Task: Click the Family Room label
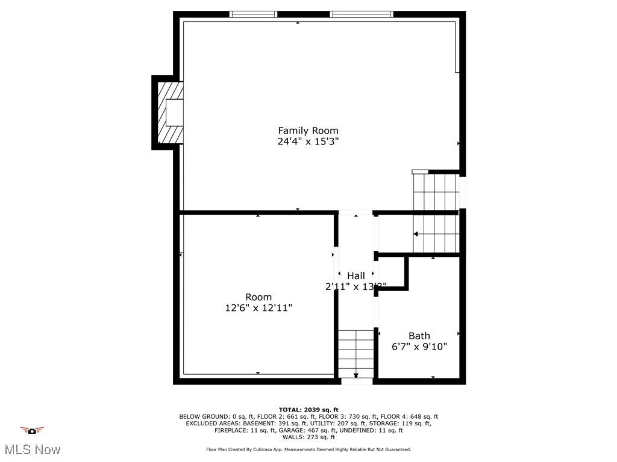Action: (308, 131)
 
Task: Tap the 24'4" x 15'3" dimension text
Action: (308, 142)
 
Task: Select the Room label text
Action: (258, 297)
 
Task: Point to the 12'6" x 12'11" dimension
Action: (258, 308)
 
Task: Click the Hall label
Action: (355, 276)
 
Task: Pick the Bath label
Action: (419, 336)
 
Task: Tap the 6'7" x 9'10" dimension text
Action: (419, 347)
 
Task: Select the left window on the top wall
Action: (254, 14)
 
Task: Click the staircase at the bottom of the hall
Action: (356, 354)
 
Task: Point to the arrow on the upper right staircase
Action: (416, 233)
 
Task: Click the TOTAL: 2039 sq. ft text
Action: (308, 409)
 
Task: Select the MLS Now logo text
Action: (32, 449)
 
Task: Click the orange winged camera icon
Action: (32, 430)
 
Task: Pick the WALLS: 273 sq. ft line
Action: (308, 437)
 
